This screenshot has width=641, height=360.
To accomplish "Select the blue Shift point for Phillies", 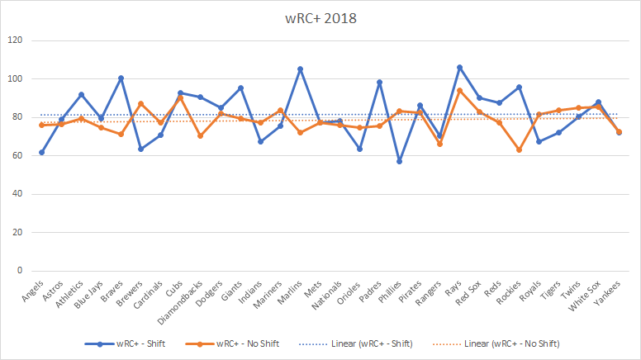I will [400, 161].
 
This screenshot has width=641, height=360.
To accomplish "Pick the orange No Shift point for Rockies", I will [519, 149].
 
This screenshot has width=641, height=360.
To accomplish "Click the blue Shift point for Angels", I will [41, 152].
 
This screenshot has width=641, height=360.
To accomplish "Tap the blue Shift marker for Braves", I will [121, 78].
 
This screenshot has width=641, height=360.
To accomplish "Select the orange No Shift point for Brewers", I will [140, 103].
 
